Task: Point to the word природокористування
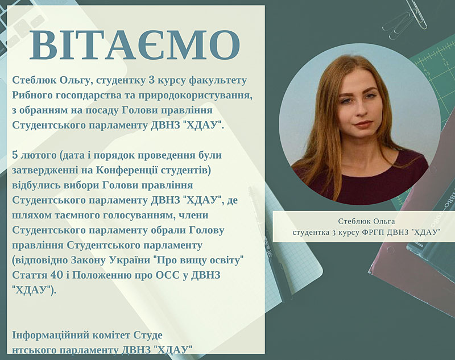pos(196,95)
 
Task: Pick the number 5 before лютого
pos(15,155)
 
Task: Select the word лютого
pos(39,156)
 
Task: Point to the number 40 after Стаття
pos(56,275)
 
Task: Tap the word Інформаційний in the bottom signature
pos(51,336)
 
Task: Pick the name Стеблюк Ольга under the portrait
pos(366,221)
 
